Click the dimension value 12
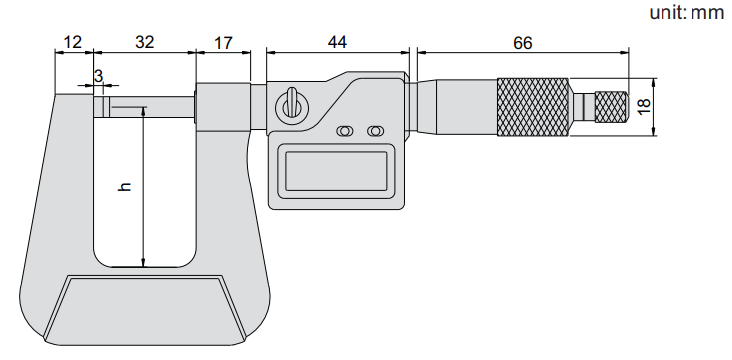click(x=72, y=42)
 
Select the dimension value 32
click(x=145, y=42)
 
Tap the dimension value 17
click(x=223, y=43)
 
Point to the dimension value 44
click(x=337, y=42)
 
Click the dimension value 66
click(x=522, y=43)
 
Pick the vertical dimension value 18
click(x=643, y=107)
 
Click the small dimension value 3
click(x=98, y=77)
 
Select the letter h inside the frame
click(x=125, y=187)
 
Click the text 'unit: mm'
click(x=687, y=13)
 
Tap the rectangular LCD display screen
click(x=336, y=171)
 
